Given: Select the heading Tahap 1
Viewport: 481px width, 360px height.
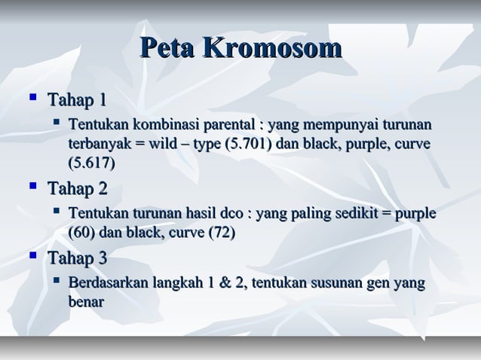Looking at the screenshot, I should click(x=77, y=99).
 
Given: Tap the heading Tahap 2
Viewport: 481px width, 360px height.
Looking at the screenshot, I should click(x=77, y=188).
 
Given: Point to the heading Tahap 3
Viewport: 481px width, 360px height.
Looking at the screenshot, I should click(x=77, y=259).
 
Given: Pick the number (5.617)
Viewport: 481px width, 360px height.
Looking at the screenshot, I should click(x=93, y=162).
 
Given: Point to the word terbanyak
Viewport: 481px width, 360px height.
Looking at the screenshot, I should click(x=98, y=144).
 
